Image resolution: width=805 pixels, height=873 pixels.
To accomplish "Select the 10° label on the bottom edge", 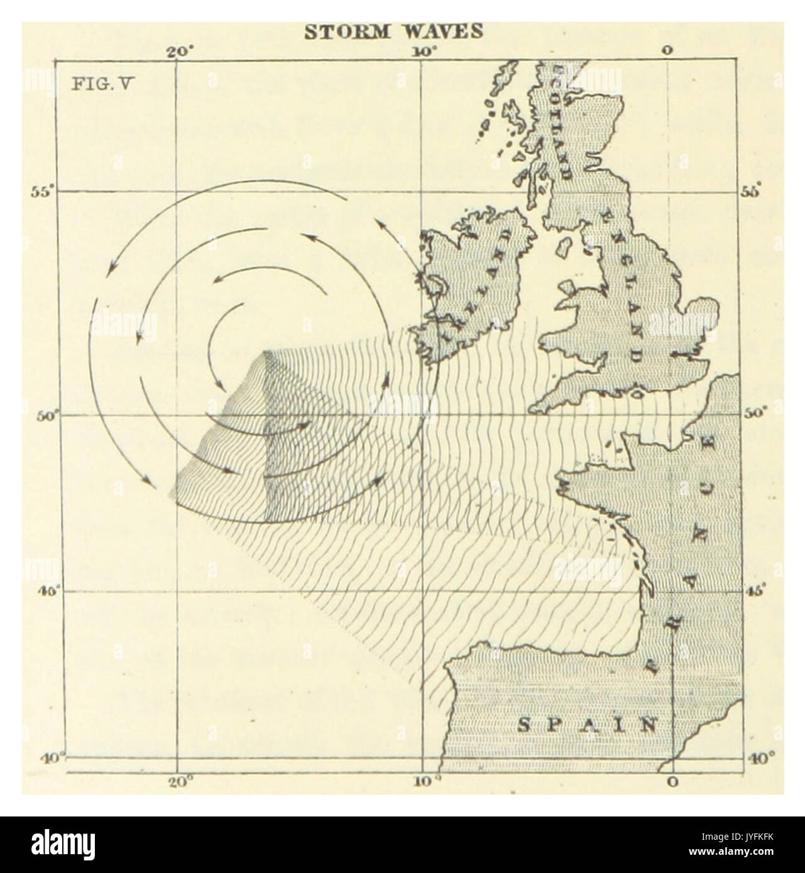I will point(424,783).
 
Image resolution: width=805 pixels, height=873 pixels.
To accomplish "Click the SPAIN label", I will point(584,725).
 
